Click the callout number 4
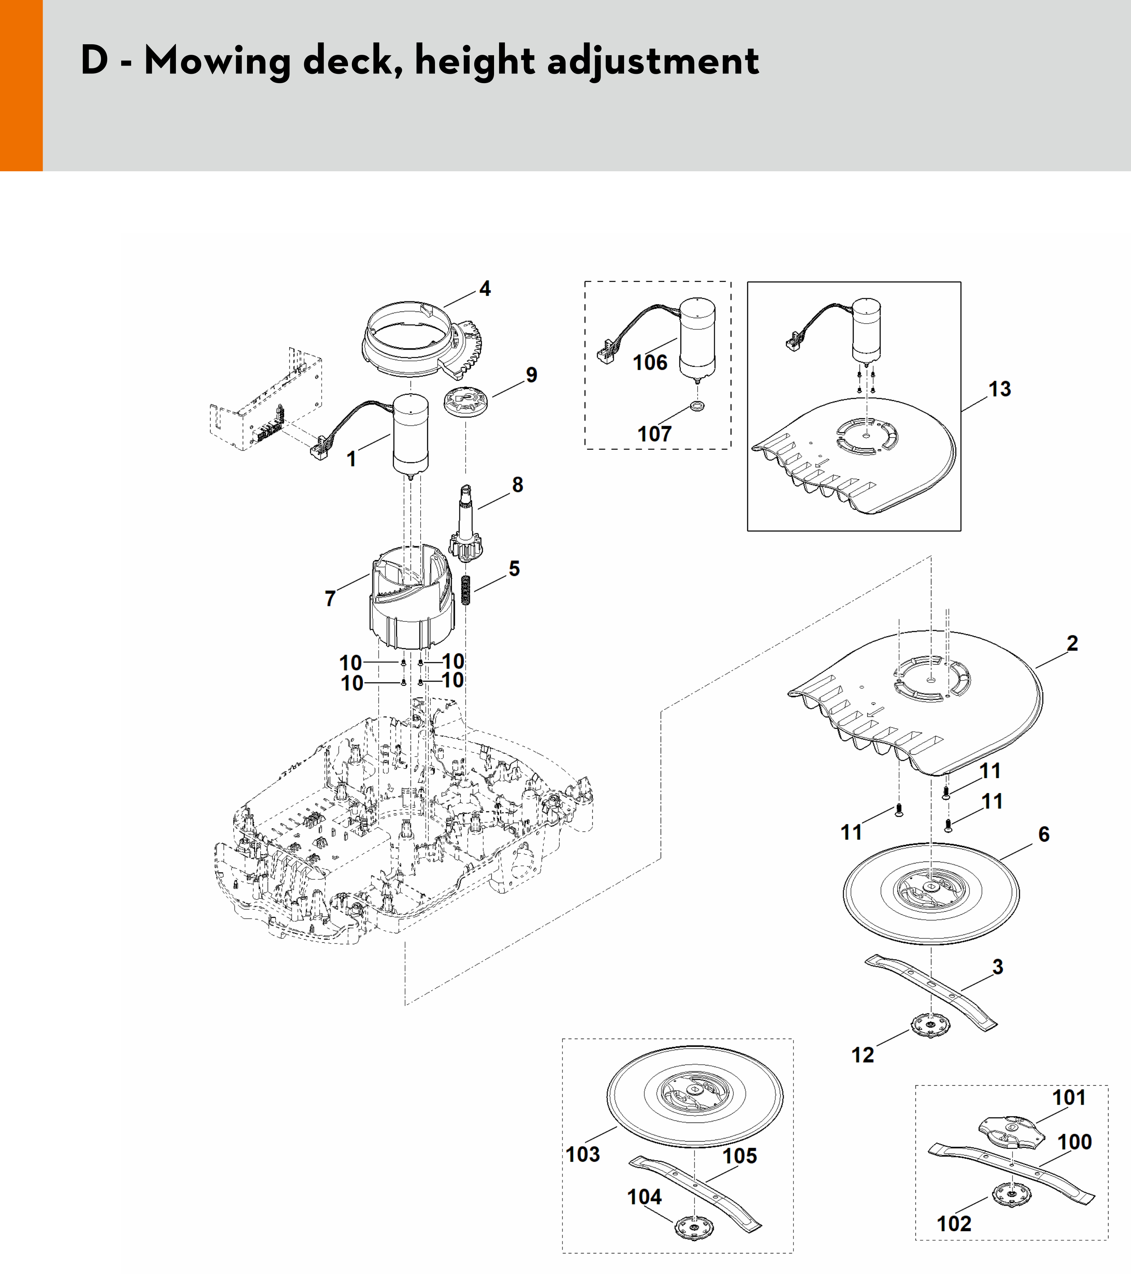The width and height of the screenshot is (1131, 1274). point(484,289)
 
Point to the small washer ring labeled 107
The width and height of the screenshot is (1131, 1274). point(697,406)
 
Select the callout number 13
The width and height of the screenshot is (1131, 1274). point(999,389)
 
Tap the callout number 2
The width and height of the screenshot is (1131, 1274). point(1072,643)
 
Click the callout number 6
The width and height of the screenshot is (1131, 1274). point(1044,834)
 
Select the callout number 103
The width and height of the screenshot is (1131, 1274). point(583,1154)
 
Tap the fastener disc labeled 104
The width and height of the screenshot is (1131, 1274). point(694,1227)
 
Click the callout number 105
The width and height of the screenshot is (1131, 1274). point(739,1156)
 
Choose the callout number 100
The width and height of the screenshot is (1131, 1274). point(1074,1142)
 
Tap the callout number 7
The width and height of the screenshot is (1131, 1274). point(330,599)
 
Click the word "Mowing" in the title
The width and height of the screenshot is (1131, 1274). point(217,62)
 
